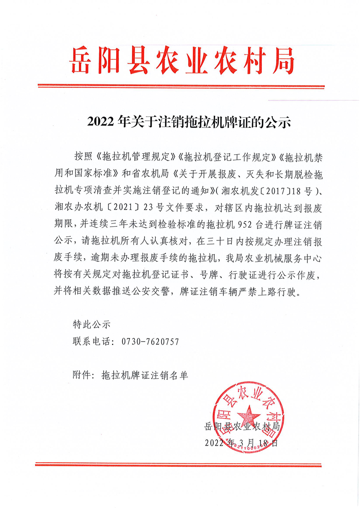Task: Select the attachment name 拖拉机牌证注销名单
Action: [x=144, y=375]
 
